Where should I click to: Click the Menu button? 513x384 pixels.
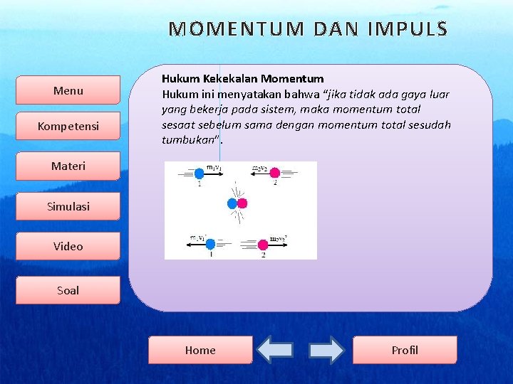(68, 90)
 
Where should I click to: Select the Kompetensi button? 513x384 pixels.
(68, 127)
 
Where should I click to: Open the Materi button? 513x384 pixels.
(68, 166)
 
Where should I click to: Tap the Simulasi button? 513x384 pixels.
(68, 206)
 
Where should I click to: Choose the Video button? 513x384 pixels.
(68, 246)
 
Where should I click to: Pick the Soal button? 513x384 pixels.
(68, 290)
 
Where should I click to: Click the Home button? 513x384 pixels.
(200, 350)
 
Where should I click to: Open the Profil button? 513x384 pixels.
(405, 350)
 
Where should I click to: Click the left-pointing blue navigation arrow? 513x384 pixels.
(275, 350)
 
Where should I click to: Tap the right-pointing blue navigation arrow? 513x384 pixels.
(326, 350)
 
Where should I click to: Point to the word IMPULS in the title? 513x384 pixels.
(408, 29)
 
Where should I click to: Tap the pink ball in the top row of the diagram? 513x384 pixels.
(274, 173)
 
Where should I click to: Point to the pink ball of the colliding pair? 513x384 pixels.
(242, 204)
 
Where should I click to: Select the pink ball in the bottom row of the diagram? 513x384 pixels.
(263, 245)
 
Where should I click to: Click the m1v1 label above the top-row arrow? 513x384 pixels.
(213, 167)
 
